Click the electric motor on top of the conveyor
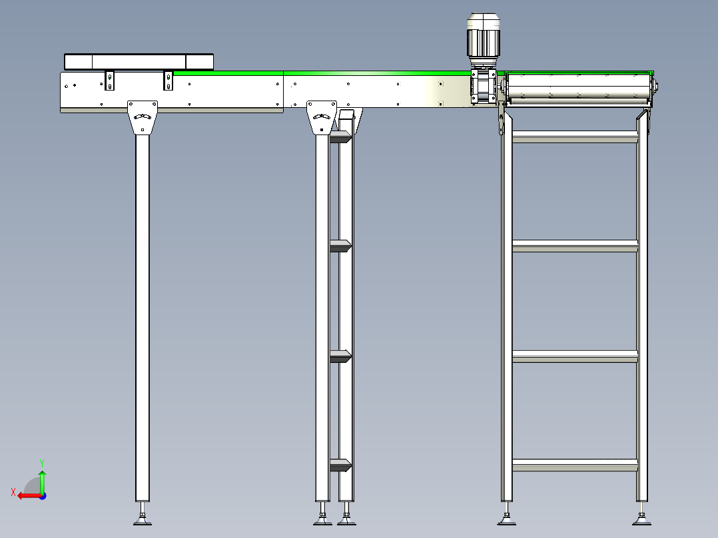click(x=484, y=38)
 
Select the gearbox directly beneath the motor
click(x=484, y=87)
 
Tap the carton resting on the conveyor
click(x=139, y=61)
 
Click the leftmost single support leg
click(x=142, y=313)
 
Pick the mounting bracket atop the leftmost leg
click(x=143, y=117)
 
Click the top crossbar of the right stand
click(x=575, y=137)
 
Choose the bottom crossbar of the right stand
click(x=575, y=465)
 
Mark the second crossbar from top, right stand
click(x=575, y=246)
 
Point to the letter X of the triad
click(x=13, y=493)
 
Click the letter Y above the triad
click(x=42, y=461)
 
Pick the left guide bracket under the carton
click(x=110, y=81)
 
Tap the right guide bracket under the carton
click(x=169, y=81)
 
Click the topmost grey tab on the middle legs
click(x=340, y=137)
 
